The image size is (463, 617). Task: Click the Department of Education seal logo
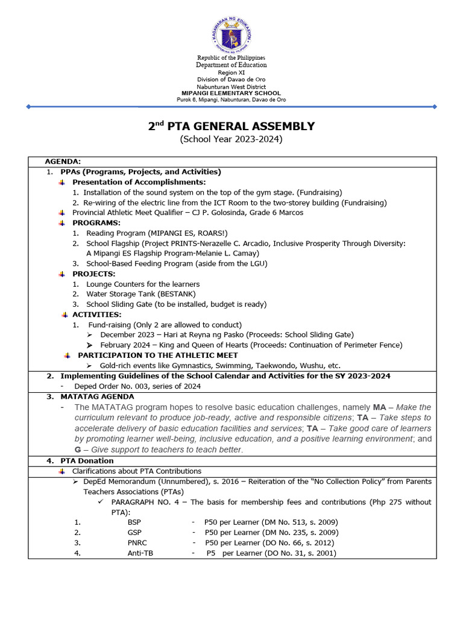(x=231, y=30)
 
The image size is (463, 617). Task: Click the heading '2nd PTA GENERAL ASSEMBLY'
(x=231, y=127)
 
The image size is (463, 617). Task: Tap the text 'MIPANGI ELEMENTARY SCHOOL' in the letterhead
(x=231, y=93)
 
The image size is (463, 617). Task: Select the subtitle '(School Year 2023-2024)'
(x=231, y=140)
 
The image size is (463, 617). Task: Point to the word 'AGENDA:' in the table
(x=63, y=161)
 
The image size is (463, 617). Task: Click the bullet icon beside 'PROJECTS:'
(x=62, y=274)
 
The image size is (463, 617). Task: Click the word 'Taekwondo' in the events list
(x=259, y=365)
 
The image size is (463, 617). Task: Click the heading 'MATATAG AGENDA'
(x=97, y=397)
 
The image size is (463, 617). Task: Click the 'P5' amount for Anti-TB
(x=210, y=553)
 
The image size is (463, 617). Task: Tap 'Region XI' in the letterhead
(x=231, y=72)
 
